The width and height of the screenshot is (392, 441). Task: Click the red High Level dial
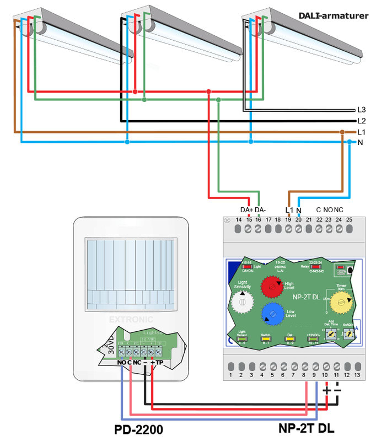[271, 286]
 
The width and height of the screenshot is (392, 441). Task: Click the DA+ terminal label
[246, 209]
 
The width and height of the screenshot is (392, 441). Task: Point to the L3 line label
[362, 110]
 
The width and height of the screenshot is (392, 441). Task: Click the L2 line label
[362, 121]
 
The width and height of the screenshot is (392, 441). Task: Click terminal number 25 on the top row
[349, 220]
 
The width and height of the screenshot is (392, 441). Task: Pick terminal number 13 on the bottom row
[357, 375]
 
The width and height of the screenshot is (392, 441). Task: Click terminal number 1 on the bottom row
[231, 375]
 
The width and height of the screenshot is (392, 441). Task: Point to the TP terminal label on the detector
[159, 362]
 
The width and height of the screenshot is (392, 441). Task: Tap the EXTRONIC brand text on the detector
[131, 318]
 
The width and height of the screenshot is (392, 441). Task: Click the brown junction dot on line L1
[342, 132]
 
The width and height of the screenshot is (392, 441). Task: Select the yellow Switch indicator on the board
[265, 337]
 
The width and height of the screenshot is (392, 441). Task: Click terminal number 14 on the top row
[239, 220]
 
